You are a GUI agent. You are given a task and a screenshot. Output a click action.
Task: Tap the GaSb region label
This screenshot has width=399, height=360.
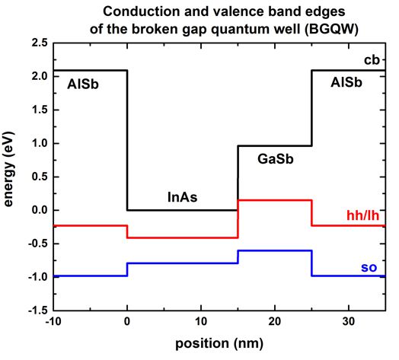tap(275, 161)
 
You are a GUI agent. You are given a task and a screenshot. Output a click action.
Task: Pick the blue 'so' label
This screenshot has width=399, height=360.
tap(371, 268)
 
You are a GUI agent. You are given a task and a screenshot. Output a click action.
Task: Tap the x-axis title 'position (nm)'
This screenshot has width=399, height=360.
tap(219, 343)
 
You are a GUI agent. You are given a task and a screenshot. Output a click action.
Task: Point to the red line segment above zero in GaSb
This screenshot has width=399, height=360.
tap(275, 200)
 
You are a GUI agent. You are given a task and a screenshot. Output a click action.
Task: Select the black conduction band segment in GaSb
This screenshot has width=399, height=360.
tap(275, 145)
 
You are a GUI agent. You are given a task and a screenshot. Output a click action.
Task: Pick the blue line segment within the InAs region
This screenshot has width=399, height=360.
tap(183, 263)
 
